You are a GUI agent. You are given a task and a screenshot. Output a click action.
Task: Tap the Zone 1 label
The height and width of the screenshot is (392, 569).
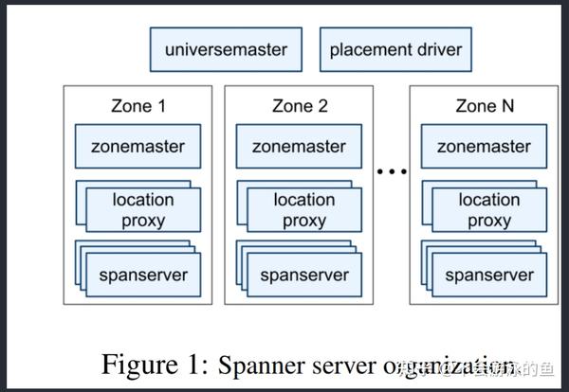tap(138, 106)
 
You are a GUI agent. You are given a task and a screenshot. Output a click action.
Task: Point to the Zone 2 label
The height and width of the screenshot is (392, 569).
tap(300, 106)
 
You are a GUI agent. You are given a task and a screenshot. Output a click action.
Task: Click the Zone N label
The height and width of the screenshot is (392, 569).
tap(484, 106)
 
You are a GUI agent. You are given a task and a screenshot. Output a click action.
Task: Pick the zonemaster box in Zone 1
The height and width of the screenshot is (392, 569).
tap(138, 147)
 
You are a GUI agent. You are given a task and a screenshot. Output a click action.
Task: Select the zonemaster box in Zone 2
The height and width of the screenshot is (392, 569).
tap(300, 147)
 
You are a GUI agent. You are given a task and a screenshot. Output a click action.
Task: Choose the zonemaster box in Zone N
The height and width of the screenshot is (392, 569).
tap(484, 147)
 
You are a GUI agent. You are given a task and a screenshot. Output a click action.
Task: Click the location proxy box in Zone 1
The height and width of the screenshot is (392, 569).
tap(143, 210)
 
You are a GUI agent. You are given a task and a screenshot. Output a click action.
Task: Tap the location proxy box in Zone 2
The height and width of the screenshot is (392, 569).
tap(304, 210)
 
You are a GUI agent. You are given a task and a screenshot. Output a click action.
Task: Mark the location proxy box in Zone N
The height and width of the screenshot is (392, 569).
tap(489, 210)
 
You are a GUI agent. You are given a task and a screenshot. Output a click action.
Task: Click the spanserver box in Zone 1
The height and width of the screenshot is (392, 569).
tap(143, 276)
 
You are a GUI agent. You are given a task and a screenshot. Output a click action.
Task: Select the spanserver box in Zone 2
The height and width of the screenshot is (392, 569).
tap(304, 276)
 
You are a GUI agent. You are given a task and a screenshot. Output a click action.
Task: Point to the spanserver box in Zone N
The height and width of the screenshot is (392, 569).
tap(489, 276)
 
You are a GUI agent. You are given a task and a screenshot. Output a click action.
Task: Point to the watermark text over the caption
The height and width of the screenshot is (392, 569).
tap(484, 366)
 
